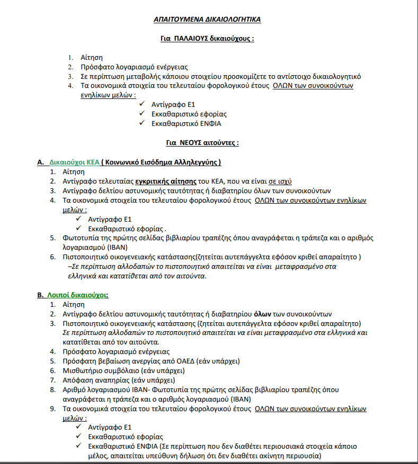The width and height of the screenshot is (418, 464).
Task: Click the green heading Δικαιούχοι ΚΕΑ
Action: (x=75, y=162)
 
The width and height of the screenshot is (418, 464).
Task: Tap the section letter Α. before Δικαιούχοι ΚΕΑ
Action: (x=40, y=162)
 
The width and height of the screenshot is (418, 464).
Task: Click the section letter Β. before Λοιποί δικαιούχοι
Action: (x=40, y=295)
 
